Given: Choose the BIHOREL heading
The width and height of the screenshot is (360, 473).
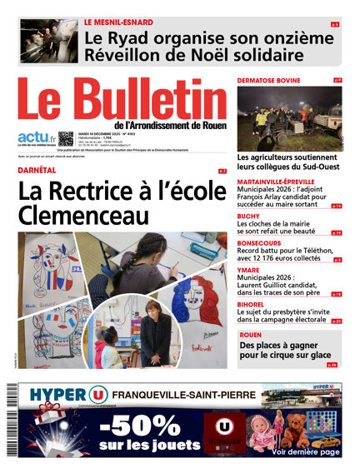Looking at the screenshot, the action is [252, 304].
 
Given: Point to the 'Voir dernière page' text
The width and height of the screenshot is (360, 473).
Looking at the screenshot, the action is [305, 451].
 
